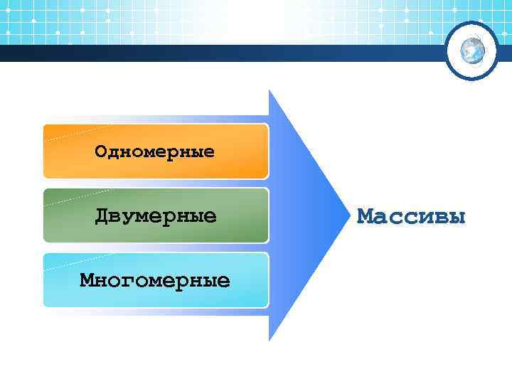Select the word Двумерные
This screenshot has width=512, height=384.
coord(156,215)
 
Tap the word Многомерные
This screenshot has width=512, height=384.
coord(155,279)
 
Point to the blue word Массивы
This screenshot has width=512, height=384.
coord(412,215)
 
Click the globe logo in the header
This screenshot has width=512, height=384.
coord(471,50)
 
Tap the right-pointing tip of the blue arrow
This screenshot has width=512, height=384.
coord(339,215)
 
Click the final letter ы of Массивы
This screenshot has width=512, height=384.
coord(458,216)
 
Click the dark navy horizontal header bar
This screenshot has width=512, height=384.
coord(213,53)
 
